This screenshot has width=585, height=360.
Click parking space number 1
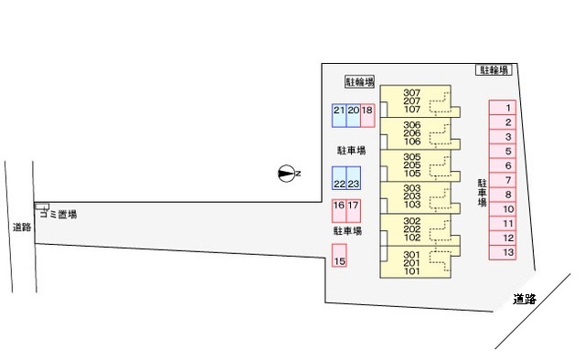point(507,108)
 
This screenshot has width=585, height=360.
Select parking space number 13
point(507,252)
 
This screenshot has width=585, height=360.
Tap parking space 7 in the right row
point(507,180)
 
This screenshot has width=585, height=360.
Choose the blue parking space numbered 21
point(338,114)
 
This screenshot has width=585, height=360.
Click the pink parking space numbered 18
point(367,114)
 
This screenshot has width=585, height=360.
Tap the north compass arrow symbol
point(288,174)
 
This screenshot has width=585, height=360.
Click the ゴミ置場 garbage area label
point(62,214)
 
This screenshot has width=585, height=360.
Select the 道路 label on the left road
point(21,227)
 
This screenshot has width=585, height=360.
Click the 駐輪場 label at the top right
point(494,69)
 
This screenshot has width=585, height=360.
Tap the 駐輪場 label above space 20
point(360,81)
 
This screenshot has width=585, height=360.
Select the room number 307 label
point(411,92)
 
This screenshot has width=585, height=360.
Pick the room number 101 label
point(411,270)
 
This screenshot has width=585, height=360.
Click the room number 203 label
point(411,196)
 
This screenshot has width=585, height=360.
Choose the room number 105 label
point(411,173)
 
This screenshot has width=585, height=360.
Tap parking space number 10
point(507,209)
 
